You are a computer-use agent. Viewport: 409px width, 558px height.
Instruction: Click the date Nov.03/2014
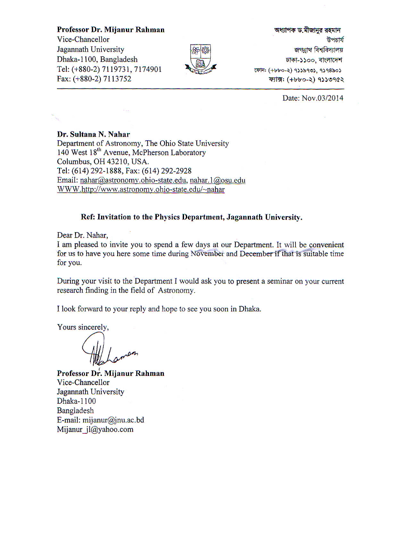(x=313, y=98)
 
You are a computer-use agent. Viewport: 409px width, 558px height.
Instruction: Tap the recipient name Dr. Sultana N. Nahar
(x=93, y=134)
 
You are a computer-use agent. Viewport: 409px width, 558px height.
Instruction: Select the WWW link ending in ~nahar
(x=141, y=189)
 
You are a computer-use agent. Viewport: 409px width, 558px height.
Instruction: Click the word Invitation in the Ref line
(x=114, y=217)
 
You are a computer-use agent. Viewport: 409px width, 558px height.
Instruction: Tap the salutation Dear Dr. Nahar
(x=83, y=235)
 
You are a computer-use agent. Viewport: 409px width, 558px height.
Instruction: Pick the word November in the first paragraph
(x=207, y=254)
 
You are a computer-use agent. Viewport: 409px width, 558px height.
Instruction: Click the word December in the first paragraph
(x=256, y=254)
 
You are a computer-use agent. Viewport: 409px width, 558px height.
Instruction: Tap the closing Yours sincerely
(x=83, y=327)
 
